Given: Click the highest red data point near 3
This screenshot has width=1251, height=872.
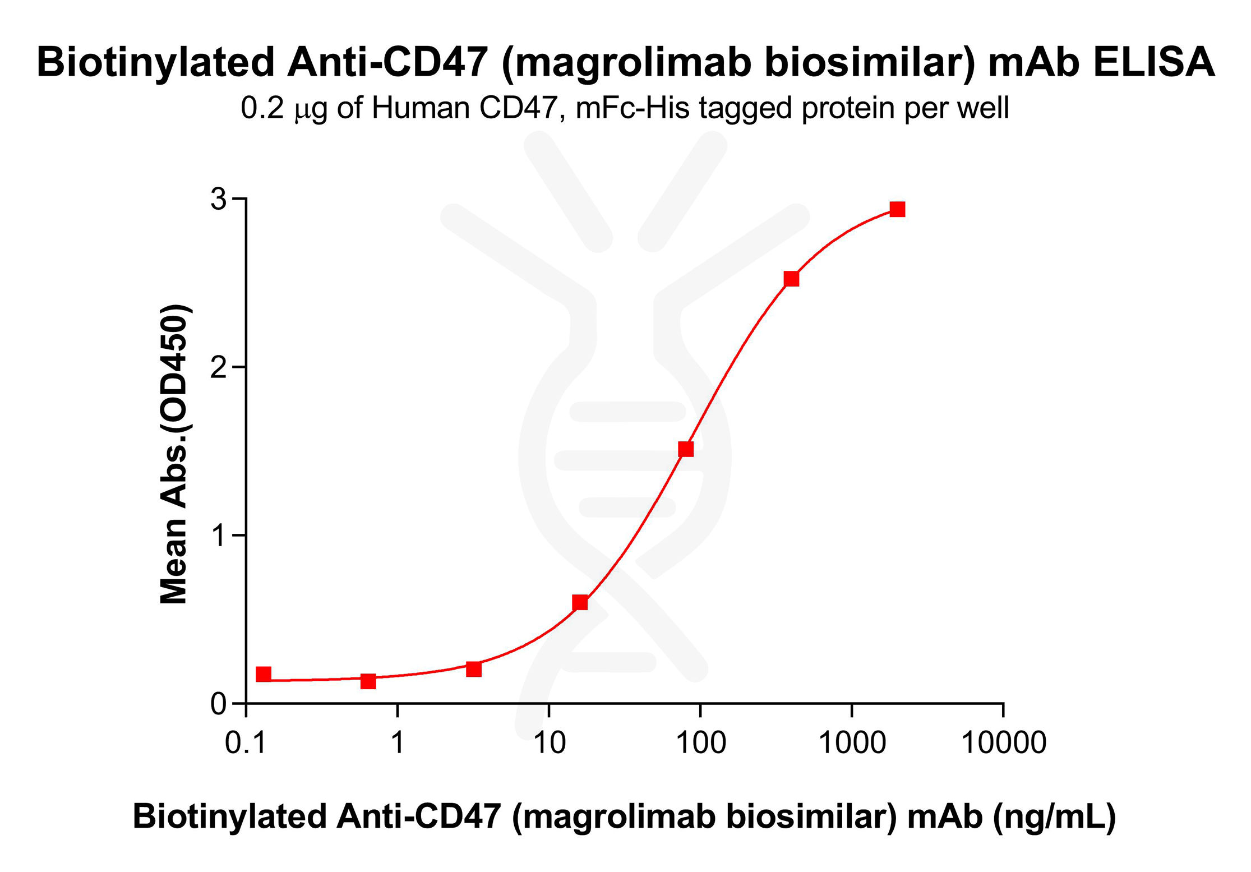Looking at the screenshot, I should click(x=897, y=209).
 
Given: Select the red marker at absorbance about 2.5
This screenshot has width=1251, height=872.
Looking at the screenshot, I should click(x=791, y=279).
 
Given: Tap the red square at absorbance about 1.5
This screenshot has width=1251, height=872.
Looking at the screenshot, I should click(x=686, y=449).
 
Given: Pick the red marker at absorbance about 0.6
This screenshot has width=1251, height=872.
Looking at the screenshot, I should click(x=580, y=603).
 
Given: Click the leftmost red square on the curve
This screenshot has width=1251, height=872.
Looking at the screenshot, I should click(x=264, y=674).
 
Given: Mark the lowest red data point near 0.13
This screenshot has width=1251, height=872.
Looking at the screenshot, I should click(x=368, y=681).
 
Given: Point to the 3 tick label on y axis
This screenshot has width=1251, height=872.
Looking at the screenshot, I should click(x=218, y=199).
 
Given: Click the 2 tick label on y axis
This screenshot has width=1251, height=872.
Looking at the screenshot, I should click(x=218, y=367).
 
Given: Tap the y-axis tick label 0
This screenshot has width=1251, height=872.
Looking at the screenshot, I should click(x=218, y=704).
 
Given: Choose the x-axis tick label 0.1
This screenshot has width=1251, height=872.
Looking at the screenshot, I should click(x=245, y=743).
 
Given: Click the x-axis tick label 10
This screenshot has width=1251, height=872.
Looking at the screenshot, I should click(x=549, y=743).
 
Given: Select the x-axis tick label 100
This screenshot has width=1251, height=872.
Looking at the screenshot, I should click(x=700, y=743).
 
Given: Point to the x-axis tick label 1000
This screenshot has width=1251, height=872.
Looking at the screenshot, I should click(x=852, y=743).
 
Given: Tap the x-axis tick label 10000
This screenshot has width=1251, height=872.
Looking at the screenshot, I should click(x=1003, y=743).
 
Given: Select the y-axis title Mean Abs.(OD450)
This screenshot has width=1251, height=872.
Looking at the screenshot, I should click(x=174, y=454).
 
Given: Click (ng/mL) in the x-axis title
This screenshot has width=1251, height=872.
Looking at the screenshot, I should click(x=1054, y=816).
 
